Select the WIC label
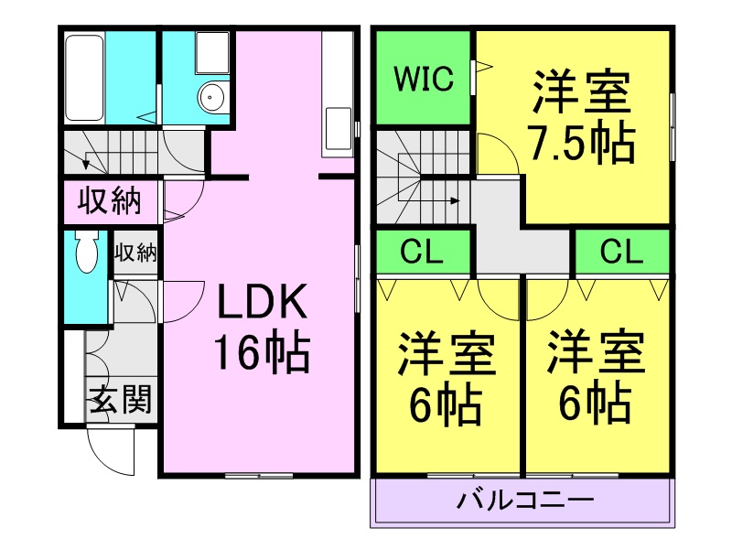[424, 80]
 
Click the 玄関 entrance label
[120, 401]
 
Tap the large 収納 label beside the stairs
[108, 200]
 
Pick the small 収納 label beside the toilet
[135, 253]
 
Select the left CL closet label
[423, 252]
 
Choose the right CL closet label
[622, 252]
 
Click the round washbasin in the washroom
[213, 94]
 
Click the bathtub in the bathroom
[83, 78]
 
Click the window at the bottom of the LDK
[259, 475]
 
